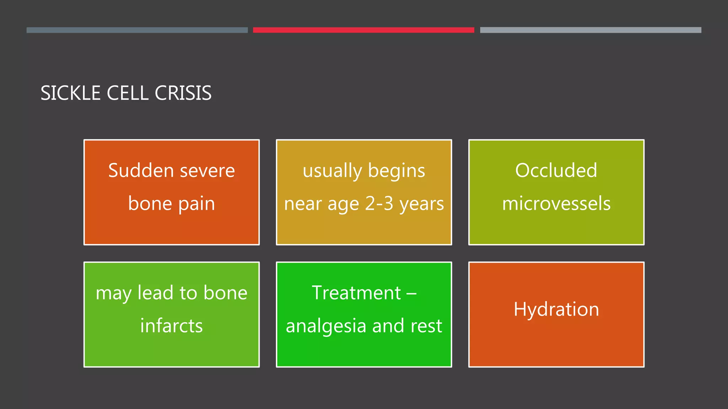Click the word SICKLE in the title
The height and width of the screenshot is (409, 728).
pyautogui.click(x=70, y=93)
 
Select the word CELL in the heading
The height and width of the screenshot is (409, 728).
pyautogui.click(x=127, y=93)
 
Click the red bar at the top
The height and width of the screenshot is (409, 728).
pyautogui.click(x=363, y=30)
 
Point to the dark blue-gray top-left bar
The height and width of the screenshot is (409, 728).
pyautogui.click(x=137, y=30)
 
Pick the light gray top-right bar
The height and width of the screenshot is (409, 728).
pyautogui.click(x=590, y=30)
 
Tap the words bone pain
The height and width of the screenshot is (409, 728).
pyautogui.click(x=171, y=203)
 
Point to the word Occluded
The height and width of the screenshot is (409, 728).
pyautogui.click(x=556, y=170)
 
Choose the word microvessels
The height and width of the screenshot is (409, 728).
pyautogui.click(x=556, y=203)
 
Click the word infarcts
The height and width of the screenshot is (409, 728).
pyautogui.click(x=171, y=326)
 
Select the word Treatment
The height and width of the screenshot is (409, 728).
pyautogui.click(x=356, y=293)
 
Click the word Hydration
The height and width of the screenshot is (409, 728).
pyautogui.click(x=556, y=309)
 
